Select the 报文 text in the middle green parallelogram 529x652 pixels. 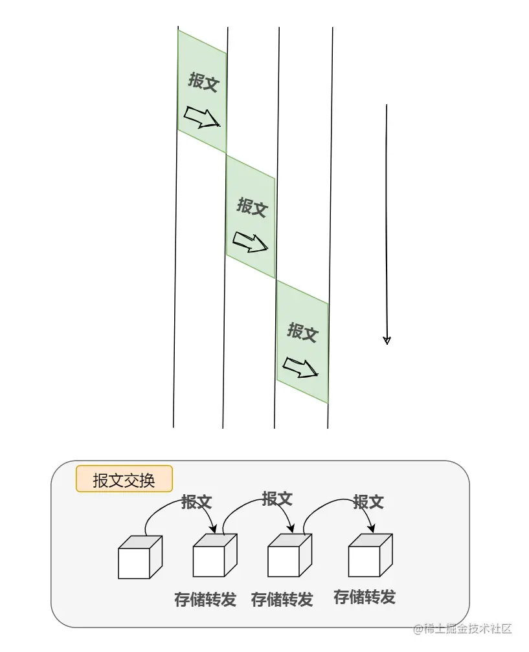[251, 207]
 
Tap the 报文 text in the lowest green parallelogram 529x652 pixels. [302, 332]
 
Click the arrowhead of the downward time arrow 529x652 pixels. [387, 340]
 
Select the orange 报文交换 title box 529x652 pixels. [124, 479]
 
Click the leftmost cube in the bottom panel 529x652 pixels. [139, 558]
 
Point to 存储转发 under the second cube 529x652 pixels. [205, 600]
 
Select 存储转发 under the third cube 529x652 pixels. [282, 600]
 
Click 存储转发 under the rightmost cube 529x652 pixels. [365, 596]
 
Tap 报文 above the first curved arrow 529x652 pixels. [197, 501]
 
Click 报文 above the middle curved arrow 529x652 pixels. [277, 499]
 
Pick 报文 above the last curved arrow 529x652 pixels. [368, 501]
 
